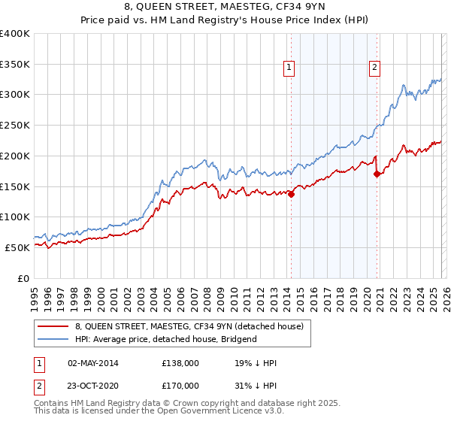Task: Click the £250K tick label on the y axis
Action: (15, 126)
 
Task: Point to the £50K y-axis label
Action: (17, 247)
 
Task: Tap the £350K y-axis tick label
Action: (15, 65)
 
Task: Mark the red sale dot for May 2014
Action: (291, 194)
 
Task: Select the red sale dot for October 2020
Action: (377, 174)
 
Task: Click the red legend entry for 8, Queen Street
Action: (189, 326)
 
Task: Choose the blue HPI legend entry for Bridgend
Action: (165, 339)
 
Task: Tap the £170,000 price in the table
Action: (180, 385)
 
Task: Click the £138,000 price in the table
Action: (180, 363)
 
